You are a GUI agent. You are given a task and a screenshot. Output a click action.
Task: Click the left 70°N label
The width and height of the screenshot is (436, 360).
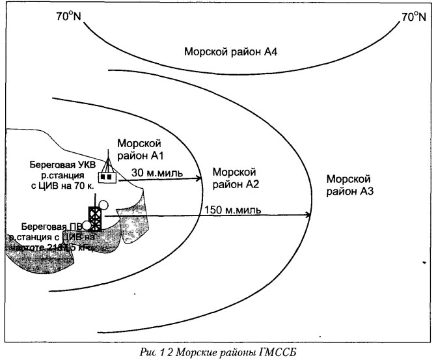67,16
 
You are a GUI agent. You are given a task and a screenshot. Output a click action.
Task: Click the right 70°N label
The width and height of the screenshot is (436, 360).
415,16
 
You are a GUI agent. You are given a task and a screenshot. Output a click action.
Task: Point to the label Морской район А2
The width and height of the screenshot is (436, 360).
232,178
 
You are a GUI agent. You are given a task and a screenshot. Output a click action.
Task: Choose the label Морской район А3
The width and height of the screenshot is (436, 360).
349,185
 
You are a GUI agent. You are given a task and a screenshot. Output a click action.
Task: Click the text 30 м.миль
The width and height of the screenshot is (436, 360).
157,173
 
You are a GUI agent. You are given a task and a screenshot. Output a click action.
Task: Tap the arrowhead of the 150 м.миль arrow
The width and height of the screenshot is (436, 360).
309,215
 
